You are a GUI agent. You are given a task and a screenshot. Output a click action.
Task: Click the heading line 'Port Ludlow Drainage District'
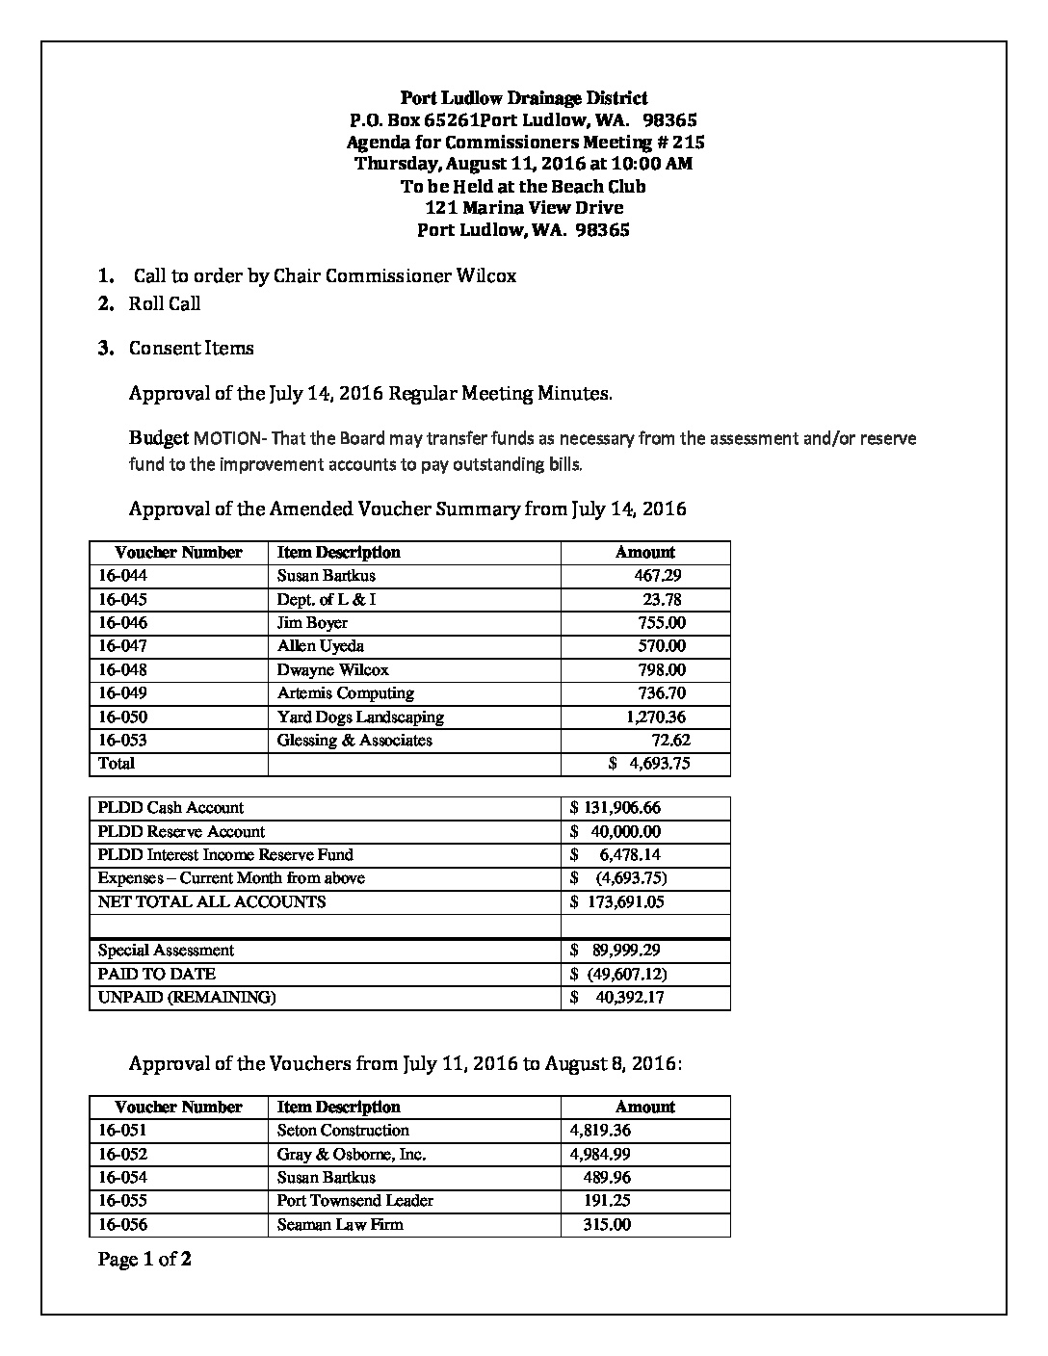coord(523,98)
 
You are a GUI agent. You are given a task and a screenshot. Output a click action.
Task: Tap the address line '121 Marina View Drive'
coord(523,208)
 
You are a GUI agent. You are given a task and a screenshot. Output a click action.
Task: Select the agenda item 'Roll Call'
coord(165,304)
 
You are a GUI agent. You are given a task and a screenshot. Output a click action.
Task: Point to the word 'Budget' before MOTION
coord(159,438)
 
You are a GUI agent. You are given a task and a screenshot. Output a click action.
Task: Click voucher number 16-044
coord(122,576)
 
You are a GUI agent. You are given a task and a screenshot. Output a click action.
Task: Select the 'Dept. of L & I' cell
coord(327,599)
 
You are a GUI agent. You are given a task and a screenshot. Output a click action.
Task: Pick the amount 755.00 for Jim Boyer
coord(662,623)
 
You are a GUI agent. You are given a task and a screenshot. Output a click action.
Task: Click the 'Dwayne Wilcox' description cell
coord(332,670)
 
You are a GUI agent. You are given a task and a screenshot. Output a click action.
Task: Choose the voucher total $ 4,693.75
coord(649,764)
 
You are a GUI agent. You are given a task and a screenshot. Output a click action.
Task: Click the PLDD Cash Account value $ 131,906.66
coord(616,808)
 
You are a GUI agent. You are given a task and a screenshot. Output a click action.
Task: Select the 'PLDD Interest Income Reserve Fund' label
coord(225,855)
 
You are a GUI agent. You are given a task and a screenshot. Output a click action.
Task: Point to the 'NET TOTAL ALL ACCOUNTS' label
coord(212,902)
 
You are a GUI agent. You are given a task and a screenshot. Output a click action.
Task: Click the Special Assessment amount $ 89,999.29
coord(616,951)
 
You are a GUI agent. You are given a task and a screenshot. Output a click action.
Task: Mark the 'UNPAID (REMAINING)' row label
coord(187,998)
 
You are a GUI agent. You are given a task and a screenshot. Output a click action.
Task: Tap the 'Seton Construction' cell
coord(343,1131)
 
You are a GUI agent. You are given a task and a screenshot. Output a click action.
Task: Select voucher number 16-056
coord(122,1225)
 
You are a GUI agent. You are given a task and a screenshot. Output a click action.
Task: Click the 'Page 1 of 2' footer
coord(144,1259)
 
